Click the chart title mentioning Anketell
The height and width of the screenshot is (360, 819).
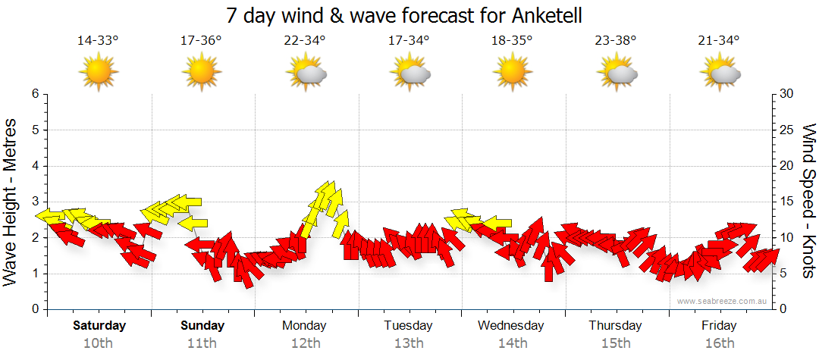[x=409, y=15]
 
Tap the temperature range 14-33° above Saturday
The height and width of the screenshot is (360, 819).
[x=98, y=40]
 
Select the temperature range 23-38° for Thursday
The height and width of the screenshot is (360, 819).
[x=615, y=40]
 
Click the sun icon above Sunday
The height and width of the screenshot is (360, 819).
[x=202, y=72]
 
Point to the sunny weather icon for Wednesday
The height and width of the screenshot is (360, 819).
[x=512, y=72]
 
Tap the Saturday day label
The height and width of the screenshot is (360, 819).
[x=99, y=326]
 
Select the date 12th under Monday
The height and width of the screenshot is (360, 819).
[x=304, y=343]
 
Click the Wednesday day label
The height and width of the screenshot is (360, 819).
[x=511, y=326]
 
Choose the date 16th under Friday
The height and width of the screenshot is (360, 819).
[x=719, y=343]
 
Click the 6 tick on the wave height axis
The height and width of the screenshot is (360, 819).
[x=34, y=94]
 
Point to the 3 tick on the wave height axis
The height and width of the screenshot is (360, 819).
[x=34, y=202]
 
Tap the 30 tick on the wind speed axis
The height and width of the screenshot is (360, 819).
[x=787, y=94]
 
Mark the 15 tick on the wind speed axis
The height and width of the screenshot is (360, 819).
[x=787, y=202]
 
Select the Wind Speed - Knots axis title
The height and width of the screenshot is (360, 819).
[x=808, y=201]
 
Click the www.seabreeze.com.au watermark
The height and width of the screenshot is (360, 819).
[x=723, y=301]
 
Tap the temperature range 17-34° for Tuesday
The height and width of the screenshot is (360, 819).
[x=409, y=40]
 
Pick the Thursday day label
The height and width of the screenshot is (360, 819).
[x=615, y=326]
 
